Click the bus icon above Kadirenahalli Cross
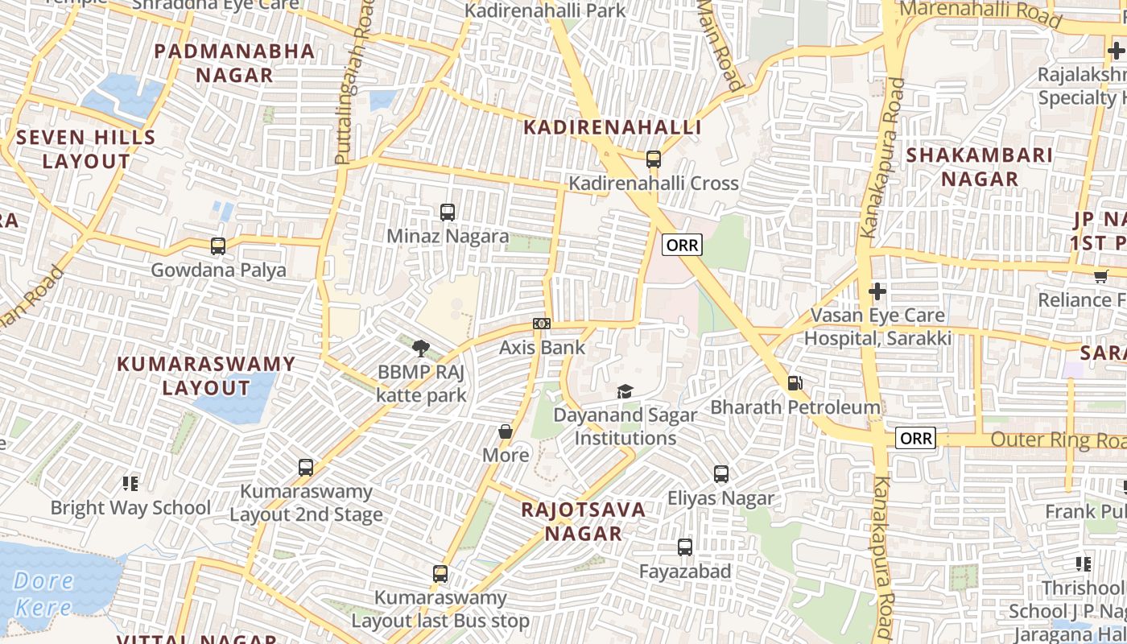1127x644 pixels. point(654,159)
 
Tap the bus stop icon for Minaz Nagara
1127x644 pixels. point(448,213)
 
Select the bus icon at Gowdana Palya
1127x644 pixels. point(218,246)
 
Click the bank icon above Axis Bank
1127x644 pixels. point(542,324)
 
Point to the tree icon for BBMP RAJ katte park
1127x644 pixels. point(420,349)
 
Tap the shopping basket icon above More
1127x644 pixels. point(506,432)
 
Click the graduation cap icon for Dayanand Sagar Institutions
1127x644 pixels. point(625,392)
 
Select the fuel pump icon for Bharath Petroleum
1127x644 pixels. point(795,384)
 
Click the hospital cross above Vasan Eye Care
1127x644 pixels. point(877,291)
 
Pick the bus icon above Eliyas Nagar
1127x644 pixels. point(721,474)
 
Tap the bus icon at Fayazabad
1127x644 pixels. point(685,547)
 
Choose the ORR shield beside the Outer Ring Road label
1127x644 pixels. point(916,439)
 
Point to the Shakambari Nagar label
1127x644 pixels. point(980,167)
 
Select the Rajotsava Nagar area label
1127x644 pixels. point(584,521)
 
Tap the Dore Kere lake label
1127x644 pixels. point(44,593)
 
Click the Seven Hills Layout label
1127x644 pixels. point(86,149)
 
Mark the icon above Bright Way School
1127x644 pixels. point(130,484)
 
